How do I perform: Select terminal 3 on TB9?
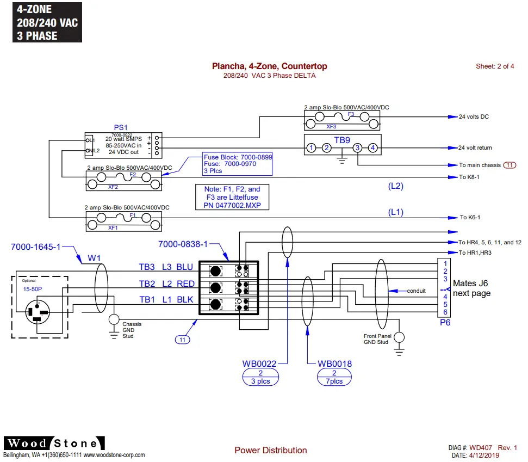click(357, 147)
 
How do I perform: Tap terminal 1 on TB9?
click(310, 147)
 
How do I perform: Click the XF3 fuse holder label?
click(331, 126)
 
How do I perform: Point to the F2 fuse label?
click(132, 175)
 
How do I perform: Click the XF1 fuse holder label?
click(113, 227)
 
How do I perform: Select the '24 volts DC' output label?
click(474, 117)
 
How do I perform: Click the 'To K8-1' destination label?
click(470, 177)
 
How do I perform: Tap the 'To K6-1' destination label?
click(470, 217)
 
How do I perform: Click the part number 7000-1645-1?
click(36, 247)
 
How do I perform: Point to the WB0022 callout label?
click(260, 364)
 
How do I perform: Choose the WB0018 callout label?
click(334, 364)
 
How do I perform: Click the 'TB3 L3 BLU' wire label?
click(166, 267)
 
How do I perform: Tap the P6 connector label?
click(445, 322)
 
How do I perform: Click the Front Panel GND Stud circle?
click(399, 338)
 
